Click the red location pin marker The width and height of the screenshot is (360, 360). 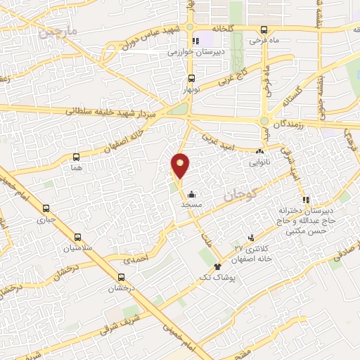click(x=181, y=165)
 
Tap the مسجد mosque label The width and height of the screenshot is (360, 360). click(x=192, y=203)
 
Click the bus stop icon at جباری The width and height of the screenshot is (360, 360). click(x=46, y=208)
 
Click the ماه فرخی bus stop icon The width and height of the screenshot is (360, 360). click(x=264, y=30)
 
